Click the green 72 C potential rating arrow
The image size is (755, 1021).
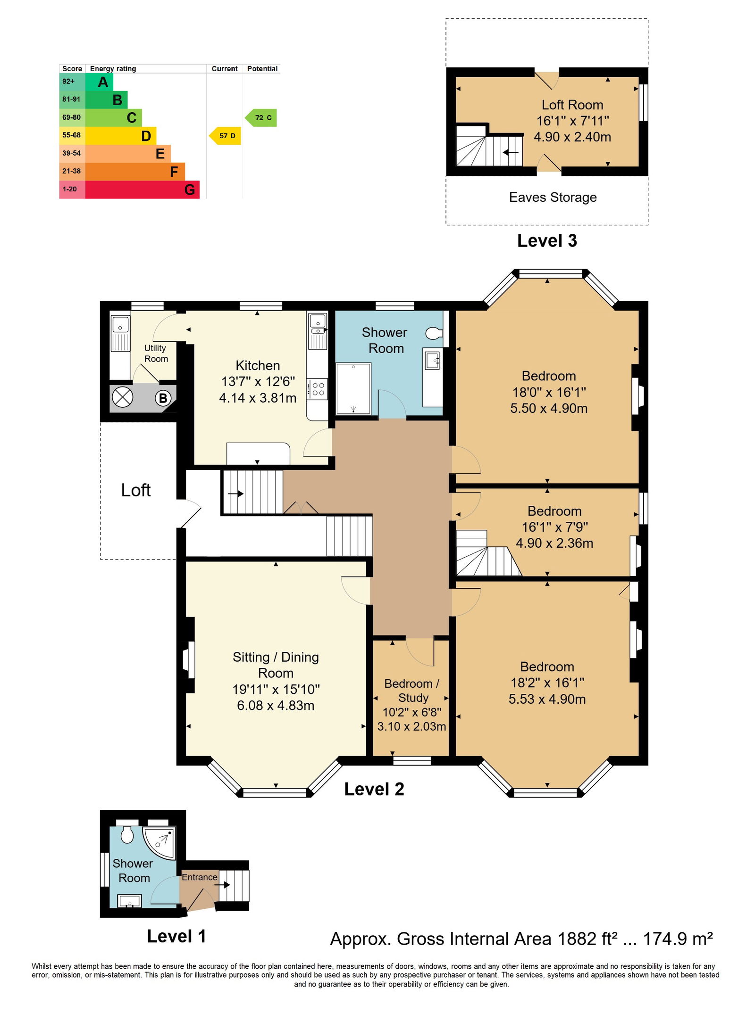(x=261, y=118)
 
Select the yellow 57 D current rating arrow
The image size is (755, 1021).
(x=225, y=136)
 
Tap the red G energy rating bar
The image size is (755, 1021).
(x=143, y=189)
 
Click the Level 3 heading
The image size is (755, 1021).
(x=547, y=241)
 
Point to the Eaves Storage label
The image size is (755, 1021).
(x=553, y=197)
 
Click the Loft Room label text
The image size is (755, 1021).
(x=572, y=105)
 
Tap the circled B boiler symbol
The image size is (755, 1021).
(x=163, y=398)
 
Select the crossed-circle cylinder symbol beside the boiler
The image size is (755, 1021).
(x=122, y=397)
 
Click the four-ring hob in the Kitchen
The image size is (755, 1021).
(x=318, y=389)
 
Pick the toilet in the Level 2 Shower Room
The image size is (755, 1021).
(x=434, y=333)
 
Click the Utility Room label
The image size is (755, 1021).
(x=156, y=353)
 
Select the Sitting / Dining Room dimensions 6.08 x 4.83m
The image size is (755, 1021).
(x=276, y=705)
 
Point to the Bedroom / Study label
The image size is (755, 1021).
(x=412, y=690)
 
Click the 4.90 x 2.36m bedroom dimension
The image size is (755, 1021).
(x=554, y=543)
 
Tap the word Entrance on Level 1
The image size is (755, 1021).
(x=200, y=877)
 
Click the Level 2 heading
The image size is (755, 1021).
(x=374, y=789)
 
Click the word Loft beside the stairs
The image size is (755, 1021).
(x=136, y=490)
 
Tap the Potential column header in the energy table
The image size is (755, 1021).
(x=262, y=69)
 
